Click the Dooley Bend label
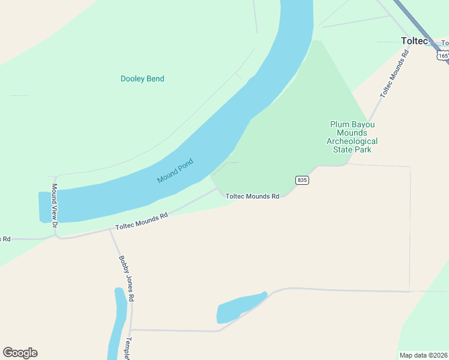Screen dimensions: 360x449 [142, 79]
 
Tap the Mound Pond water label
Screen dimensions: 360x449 [175, 171]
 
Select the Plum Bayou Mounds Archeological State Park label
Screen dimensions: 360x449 [352, 137]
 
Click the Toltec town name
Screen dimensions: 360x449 [414, 41]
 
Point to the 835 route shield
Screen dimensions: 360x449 [302, 180]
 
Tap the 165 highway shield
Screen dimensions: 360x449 [442, 55]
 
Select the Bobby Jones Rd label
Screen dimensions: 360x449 [126, 279]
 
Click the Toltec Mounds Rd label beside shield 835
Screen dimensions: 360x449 [253, 196]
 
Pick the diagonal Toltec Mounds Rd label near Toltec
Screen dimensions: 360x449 [394, 73]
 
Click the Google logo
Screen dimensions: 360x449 [20, 353]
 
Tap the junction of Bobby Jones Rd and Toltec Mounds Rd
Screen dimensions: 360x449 [109, 229]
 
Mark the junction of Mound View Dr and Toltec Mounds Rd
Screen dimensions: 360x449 [56, 236]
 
